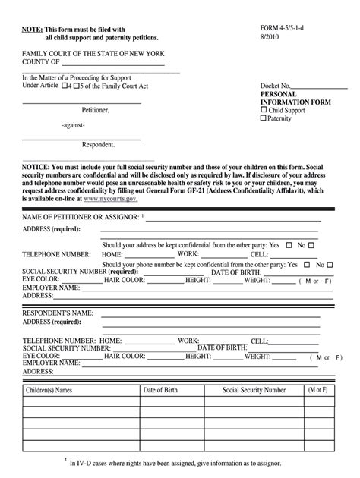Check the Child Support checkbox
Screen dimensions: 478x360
264,110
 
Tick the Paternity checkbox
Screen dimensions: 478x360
264,118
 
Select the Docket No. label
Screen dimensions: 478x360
276,86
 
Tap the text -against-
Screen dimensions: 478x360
74,124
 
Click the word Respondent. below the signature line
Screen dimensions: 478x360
99,144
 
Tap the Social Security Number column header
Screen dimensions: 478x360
254,390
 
